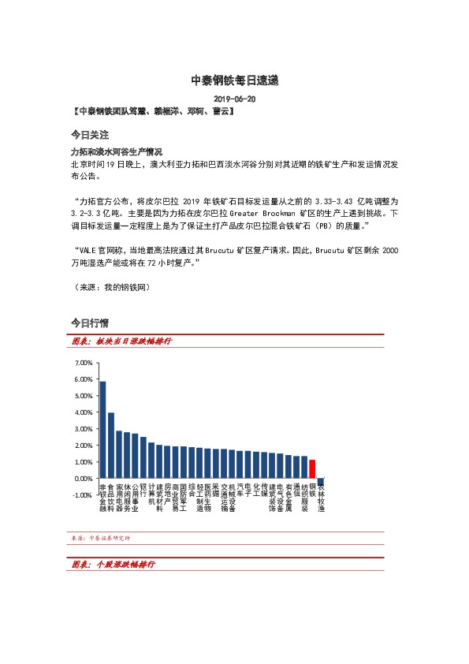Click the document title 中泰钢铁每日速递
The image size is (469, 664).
[x=235, y=80]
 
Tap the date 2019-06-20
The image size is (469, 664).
[x=235, y=99]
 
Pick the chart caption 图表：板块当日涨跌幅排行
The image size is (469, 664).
[x=121, y=341]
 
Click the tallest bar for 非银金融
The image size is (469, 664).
[x=102, y=429]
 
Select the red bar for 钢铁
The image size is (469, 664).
[x=312, y=468]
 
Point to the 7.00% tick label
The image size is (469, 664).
[x=83, y=363]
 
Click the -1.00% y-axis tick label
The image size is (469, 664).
[x=82, y=494]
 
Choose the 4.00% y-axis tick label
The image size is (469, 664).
[x=83, y=412]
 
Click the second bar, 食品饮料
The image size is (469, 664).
[x=111, y=445]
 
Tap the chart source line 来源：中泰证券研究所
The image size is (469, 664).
[x=101, y=538]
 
